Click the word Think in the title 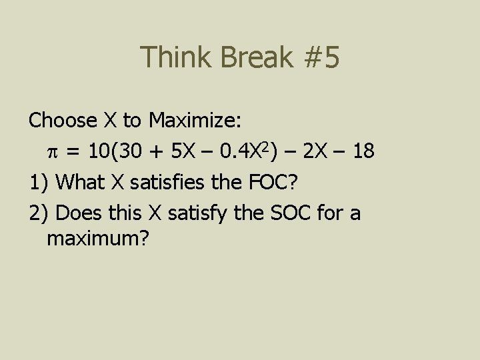[175, 58]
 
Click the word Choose [63, 121]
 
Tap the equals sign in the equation [75, 152]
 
